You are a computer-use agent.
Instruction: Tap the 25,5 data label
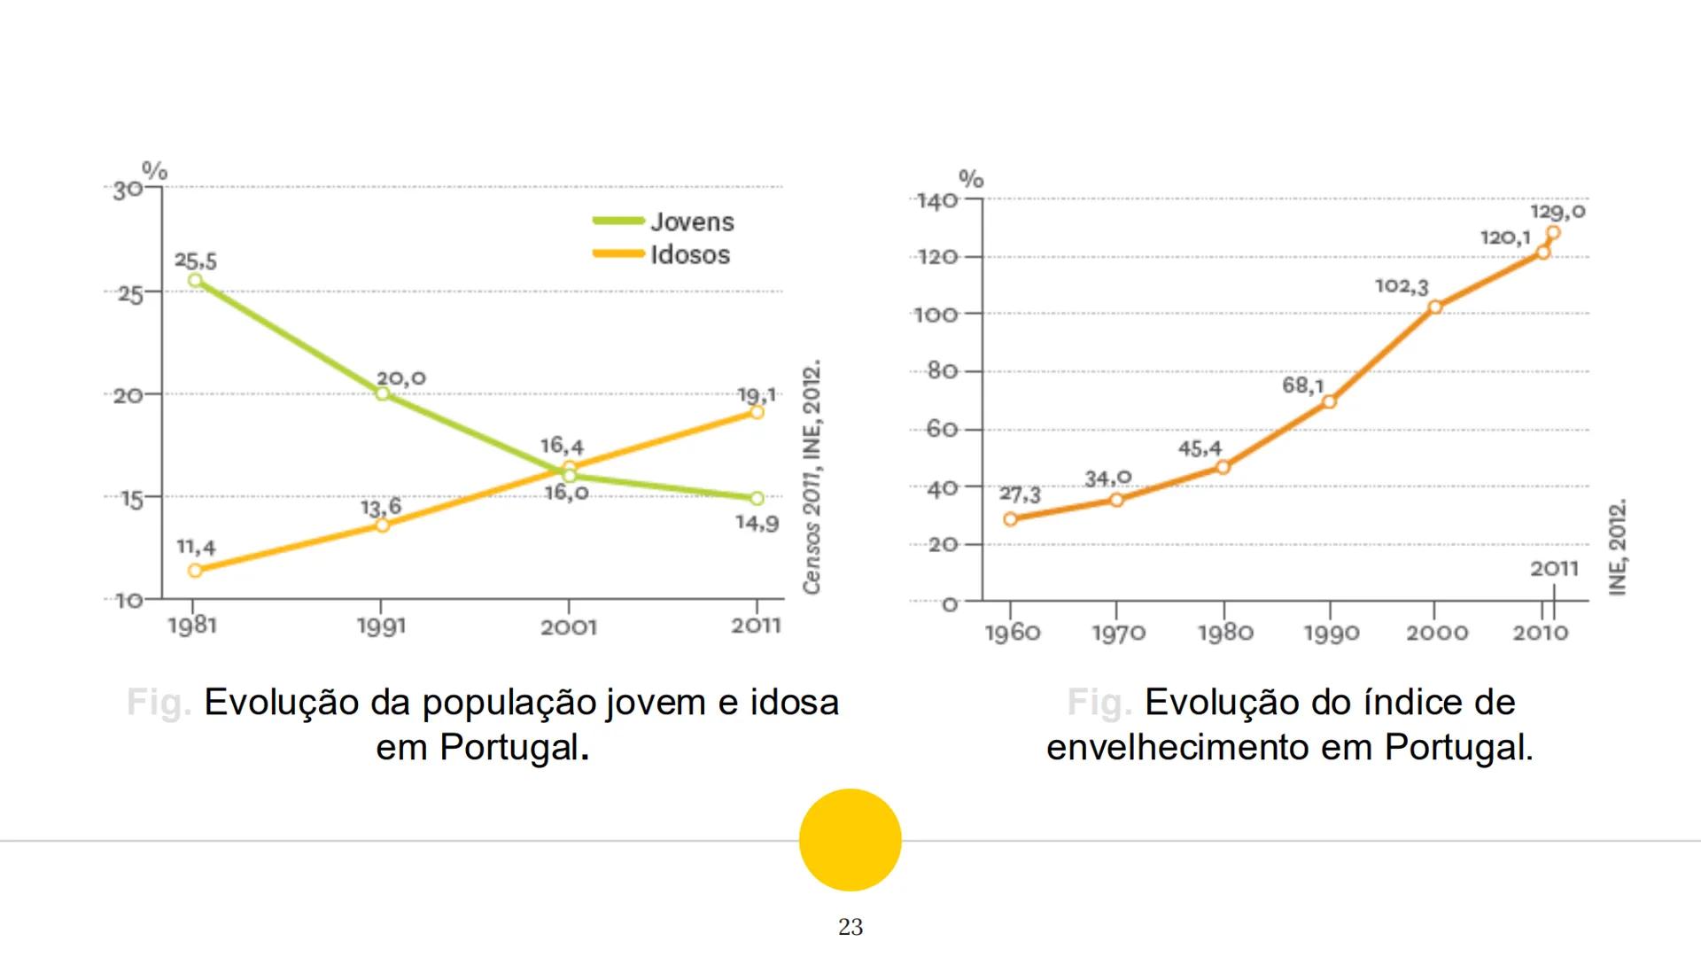(x=195, y=261)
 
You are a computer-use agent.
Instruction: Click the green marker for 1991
(x=382, y=393)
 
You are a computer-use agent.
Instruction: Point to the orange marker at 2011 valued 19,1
(x=757, y=412)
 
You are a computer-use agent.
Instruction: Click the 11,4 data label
(x=196, y=547)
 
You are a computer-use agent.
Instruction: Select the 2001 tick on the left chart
(x=569, y=627)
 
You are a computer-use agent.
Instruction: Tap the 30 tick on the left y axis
(x=127, y=191)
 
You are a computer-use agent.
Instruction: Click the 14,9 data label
(x=757, y=523)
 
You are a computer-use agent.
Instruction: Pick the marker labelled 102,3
(x=1435, y=307)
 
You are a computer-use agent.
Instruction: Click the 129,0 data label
(x=1557, y=212)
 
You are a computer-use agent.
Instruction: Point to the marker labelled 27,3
(x=1011, y=519)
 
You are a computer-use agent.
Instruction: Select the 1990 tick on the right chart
(x=1332, y=633)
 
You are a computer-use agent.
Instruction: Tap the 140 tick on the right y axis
(x=936, y=201)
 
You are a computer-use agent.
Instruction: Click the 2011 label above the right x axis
(x=1554, y=569)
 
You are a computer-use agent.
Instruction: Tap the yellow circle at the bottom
(x=850, y=839)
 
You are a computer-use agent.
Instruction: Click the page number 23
(x=850, y=927)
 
